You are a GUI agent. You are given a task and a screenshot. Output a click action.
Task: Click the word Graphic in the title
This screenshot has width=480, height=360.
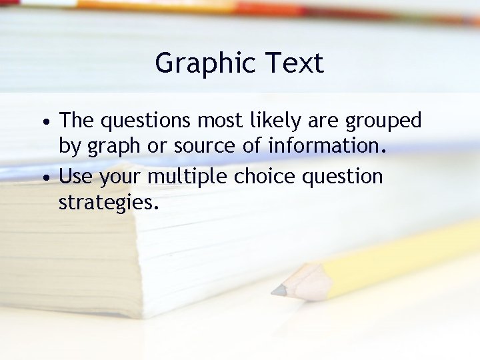(199, 64)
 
